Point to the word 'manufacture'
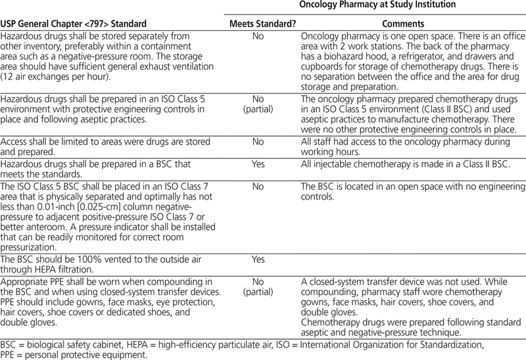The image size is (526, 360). pyautogui.click(x=391, y=119)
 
